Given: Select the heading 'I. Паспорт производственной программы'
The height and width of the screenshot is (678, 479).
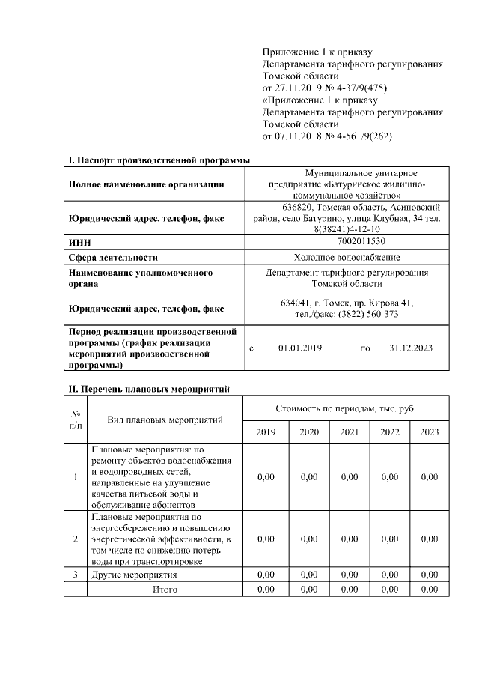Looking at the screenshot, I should click(x=159, y=160).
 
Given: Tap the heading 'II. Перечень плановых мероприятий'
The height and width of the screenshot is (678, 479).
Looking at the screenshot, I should click(x=150, y=388).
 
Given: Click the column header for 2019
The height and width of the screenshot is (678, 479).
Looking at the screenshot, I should click(x=266, y=432).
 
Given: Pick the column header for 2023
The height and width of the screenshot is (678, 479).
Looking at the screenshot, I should click(x=429, y=432).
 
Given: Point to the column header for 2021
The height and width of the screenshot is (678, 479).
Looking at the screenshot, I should click(x=349, y=432).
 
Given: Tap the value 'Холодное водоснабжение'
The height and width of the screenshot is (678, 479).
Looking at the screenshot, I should click(x=347, y=257).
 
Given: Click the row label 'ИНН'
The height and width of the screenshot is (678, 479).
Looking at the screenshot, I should click(x=79, y=243).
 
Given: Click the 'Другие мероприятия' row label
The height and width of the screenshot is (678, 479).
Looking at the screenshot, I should click(x=134, y=575).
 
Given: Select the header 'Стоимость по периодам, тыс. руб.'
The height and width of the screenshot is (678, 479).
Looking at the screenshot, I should click(x=346, y=408).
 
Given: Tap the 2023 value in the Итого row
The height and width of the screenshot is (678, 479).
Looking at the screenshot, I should click(x=429, y=590).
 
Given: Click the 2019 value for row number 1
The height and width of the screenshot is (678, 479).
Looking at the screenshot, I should click(x=266, y=477).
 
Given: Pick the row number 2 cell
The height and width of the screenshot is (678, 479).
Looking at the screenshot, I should click(x=75, y=539).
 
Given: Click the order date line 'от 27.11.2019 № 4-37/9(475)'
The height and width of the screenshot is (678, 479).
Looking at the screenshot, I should click(x=325, y=87).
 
